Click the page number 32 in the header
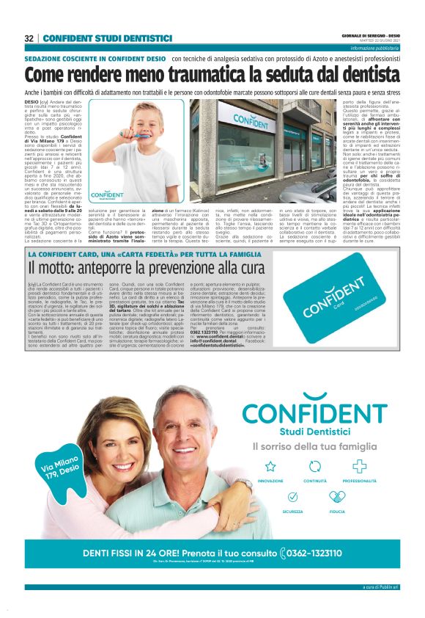click(x=29, y=38)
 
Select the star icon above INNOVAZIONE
click(x=270, y=465)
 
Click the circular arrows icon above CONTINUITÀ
click(x=315, y=465)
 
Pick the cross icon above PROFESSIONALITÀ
click(x=359, y=465)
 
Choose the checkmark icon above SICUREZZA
click(x=292, y=497)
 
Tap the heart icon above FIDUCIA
click(x=337, y=497)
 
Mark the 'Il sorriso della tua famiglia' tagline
click(x=315, y=446)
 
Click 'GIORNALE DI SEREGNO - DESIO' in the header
click(x=370, y=34)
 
